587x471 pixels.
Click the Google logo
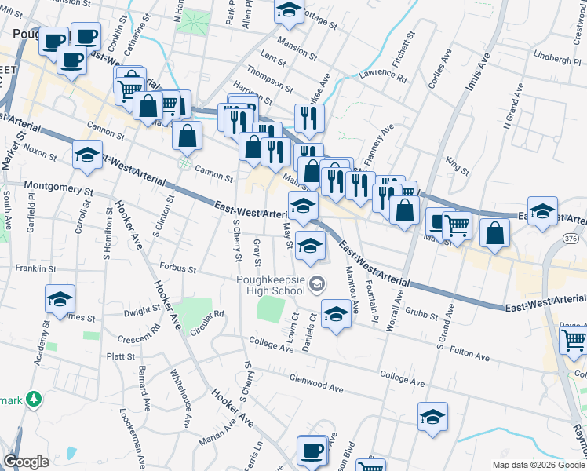(27, 461)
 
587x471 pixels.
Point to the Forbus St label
(177, 268)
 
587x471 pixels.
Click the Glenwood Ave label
(316, 388)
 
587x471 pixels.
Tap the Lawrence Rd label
(383, 78)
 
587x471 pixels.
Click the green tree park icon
(34, 400)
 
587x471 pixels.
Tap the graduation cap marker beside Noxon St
(87, 154)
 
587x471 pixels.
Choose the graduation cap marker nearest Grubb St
(337, 316)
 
